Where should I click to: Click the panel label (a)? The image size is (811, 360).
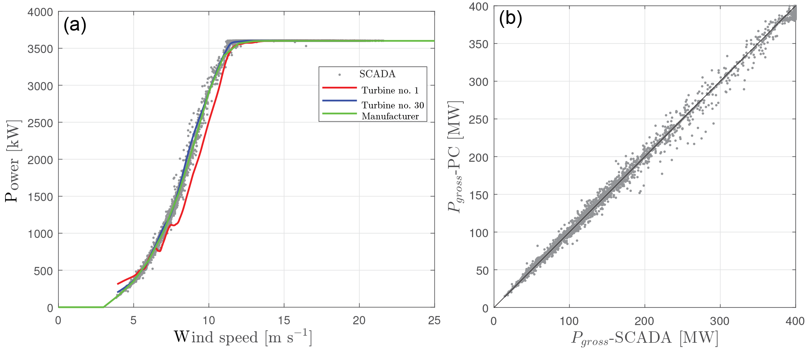[x=75, y=26]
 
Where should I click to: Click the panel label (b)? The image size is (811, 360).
[x=510, y=18]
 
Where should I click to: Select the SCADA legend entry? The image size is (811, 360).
[x=377, y=74]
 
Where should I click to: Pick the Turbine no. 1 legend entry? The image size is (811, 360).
[x=390, y=90]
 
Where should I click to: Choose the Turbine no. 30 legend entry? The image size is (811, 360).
[x=392, y=105]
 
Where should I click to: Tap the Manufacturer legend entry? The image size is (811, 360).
[x=390, y=116]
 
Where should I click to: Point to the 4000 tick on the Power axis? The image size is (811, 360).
[x=40, y=12]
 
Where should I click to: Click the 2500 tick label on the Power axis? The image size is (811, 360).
[x=40, y=123]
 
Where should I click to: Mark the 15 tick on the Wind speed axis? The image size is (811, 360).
[x=284, y=321]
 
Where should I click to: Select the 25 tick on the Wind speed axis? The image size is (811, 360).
[x=434, y=321]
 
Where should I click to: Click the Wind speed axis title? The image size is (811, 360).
[x=243, y=337]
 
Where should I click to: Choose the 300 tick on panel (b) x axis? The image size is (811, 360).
[x=720, y=322]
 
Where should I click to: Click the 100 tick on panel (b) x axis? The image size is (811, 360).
[x=569, y=322]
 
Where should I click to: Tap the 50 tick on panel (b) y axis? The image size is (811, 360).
[x=482, y=270]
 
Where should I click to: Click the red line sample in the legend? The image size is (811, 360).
[x=339, y=88]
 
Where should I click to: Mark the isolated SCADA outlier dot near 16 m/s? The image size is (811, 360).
[x=306, y=46]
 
